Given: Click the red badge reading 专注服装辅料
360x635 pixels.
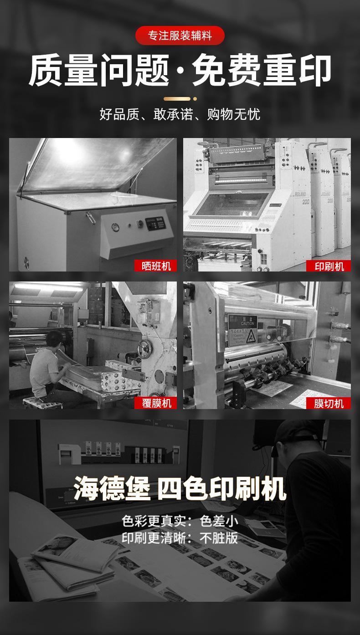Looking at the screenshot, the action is pos(180,36).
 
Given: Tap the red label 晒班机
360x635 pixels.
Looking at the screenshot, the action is pos(155,266).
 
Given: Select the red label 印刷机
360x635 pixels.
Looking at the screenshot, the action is pos(329,266).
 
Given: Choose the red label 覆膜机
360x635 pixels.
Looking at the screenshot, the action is pos(155,403).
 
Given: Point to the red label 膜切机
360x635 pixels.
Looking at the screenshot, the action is pos(329,403).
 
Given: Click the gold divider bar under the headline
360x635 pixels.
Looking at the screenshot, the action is pos(177,99).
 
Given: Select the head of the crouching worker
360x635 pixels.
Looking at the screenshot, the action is pos(54,340).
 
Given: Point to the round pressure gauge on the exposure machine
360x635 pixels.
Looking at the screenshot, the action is pos(115,227).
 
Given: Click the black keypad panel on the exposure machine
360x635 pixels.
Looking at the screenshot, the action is pos(155,223).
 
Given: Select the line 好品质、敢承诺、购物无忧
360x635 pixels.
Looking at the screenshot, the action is pos(180,114).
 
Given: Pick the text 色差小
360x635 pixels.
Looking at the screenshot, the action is pos(219,521).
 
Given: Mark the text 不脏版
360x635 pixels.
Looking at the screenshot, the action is pos(219,538).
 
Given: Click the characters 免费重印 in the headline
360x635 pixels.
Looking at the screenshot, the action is pos(262,70).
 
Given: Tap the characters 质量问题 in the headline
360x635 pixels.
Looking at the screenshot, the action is pos(99,70).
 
